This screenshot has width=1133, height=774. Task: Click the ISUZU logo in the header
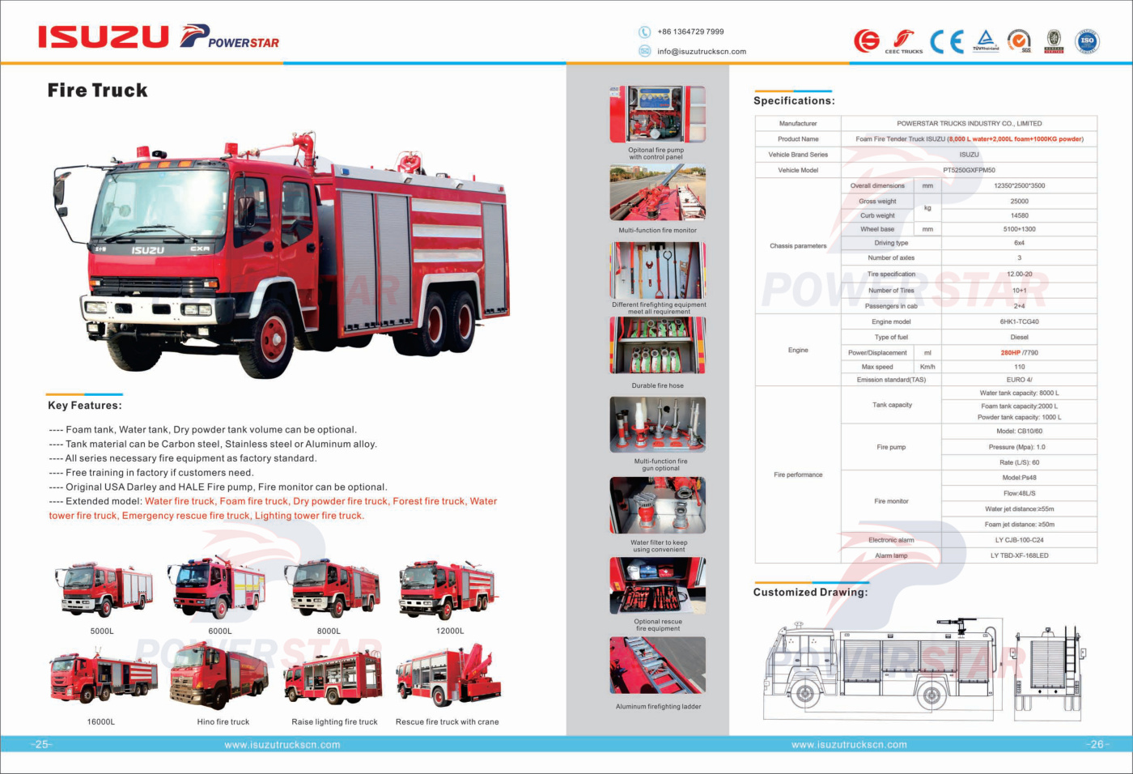click(103, 36)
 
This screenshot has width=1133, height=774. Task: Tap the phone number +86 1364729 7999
click(690, 32)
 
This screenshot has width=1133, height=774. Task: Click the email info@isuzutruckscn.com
click(701, 51)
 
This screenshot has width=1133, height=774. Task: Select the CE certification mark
click(946, 40)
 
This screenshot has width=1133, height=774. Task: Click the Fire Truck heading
click(97, 90)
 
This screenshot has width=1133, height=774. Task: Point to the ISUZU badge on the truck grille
click(147, 250)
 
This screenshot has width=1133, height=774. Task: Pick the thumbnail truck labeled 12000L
click(448, 590)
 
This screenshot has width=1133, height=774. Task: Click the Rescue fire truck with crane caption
click(447, 721)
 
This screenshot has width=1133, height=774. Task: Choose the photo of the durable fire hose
click(657, 346)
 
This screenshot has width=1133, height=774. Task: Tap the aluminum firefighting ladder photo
click(657, 665)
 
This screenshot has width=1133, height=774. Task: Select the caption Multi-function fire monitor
click(657, 230)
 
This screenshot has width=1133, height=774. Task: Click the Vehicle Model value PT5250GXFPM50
click(969, 170)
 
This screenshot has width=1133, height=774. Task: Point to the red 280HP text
click(1010, 352)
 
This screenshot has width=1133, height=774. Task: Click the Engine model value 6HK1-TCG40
click(1019, 321)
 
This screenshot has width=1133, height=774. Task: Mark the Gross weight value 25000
click(1019, 201)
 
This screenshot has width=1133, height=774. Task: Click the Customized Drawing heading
click(810, 592)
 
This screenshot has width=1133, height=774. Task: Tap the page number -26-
click(1097, 744)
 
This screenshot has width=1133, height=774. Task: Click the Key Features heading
click(84, 405)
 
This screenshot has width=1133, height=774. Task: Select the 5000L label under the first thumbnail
click(102, 631)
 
